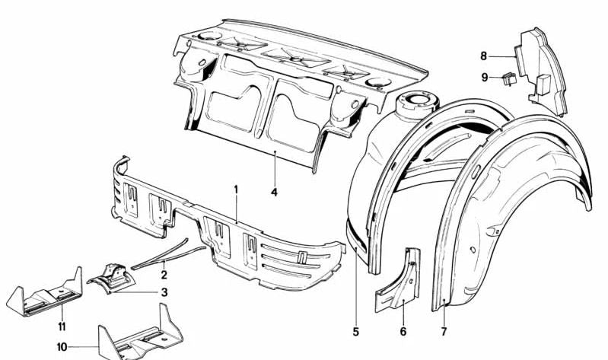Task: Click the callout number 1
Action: coord(236,189)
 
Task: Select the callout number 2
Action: coord(164,275)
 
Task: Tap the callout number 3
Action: coord(164,292)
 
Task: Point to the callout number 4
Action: coord(274,193)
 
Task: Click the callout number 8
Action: coord(483,56)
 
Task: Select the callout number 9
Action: coord(483,76)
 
